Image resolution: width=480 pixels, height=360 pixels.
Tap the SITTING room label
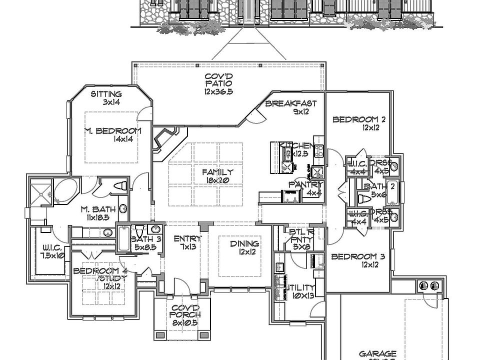106,94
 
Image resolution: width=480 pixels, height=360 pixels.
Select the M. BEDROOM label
112,131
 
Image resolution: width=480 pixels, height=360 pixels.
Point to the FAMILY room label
218,172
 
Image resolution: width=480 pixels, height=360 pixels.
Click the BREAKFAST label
290,104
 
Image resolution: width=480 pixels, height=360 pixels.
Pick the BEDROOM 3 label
358,257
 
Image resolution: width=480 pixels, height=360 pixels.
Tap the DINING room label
244,244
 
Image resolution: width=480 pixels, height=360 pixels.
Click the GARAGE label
377,353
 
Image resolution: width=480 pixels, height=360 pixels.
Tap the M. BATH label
98,209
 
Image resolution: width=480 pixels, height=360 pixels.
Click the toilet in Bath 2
364,199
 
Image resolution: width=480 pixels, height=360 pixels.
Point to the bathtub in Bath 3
123,239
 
